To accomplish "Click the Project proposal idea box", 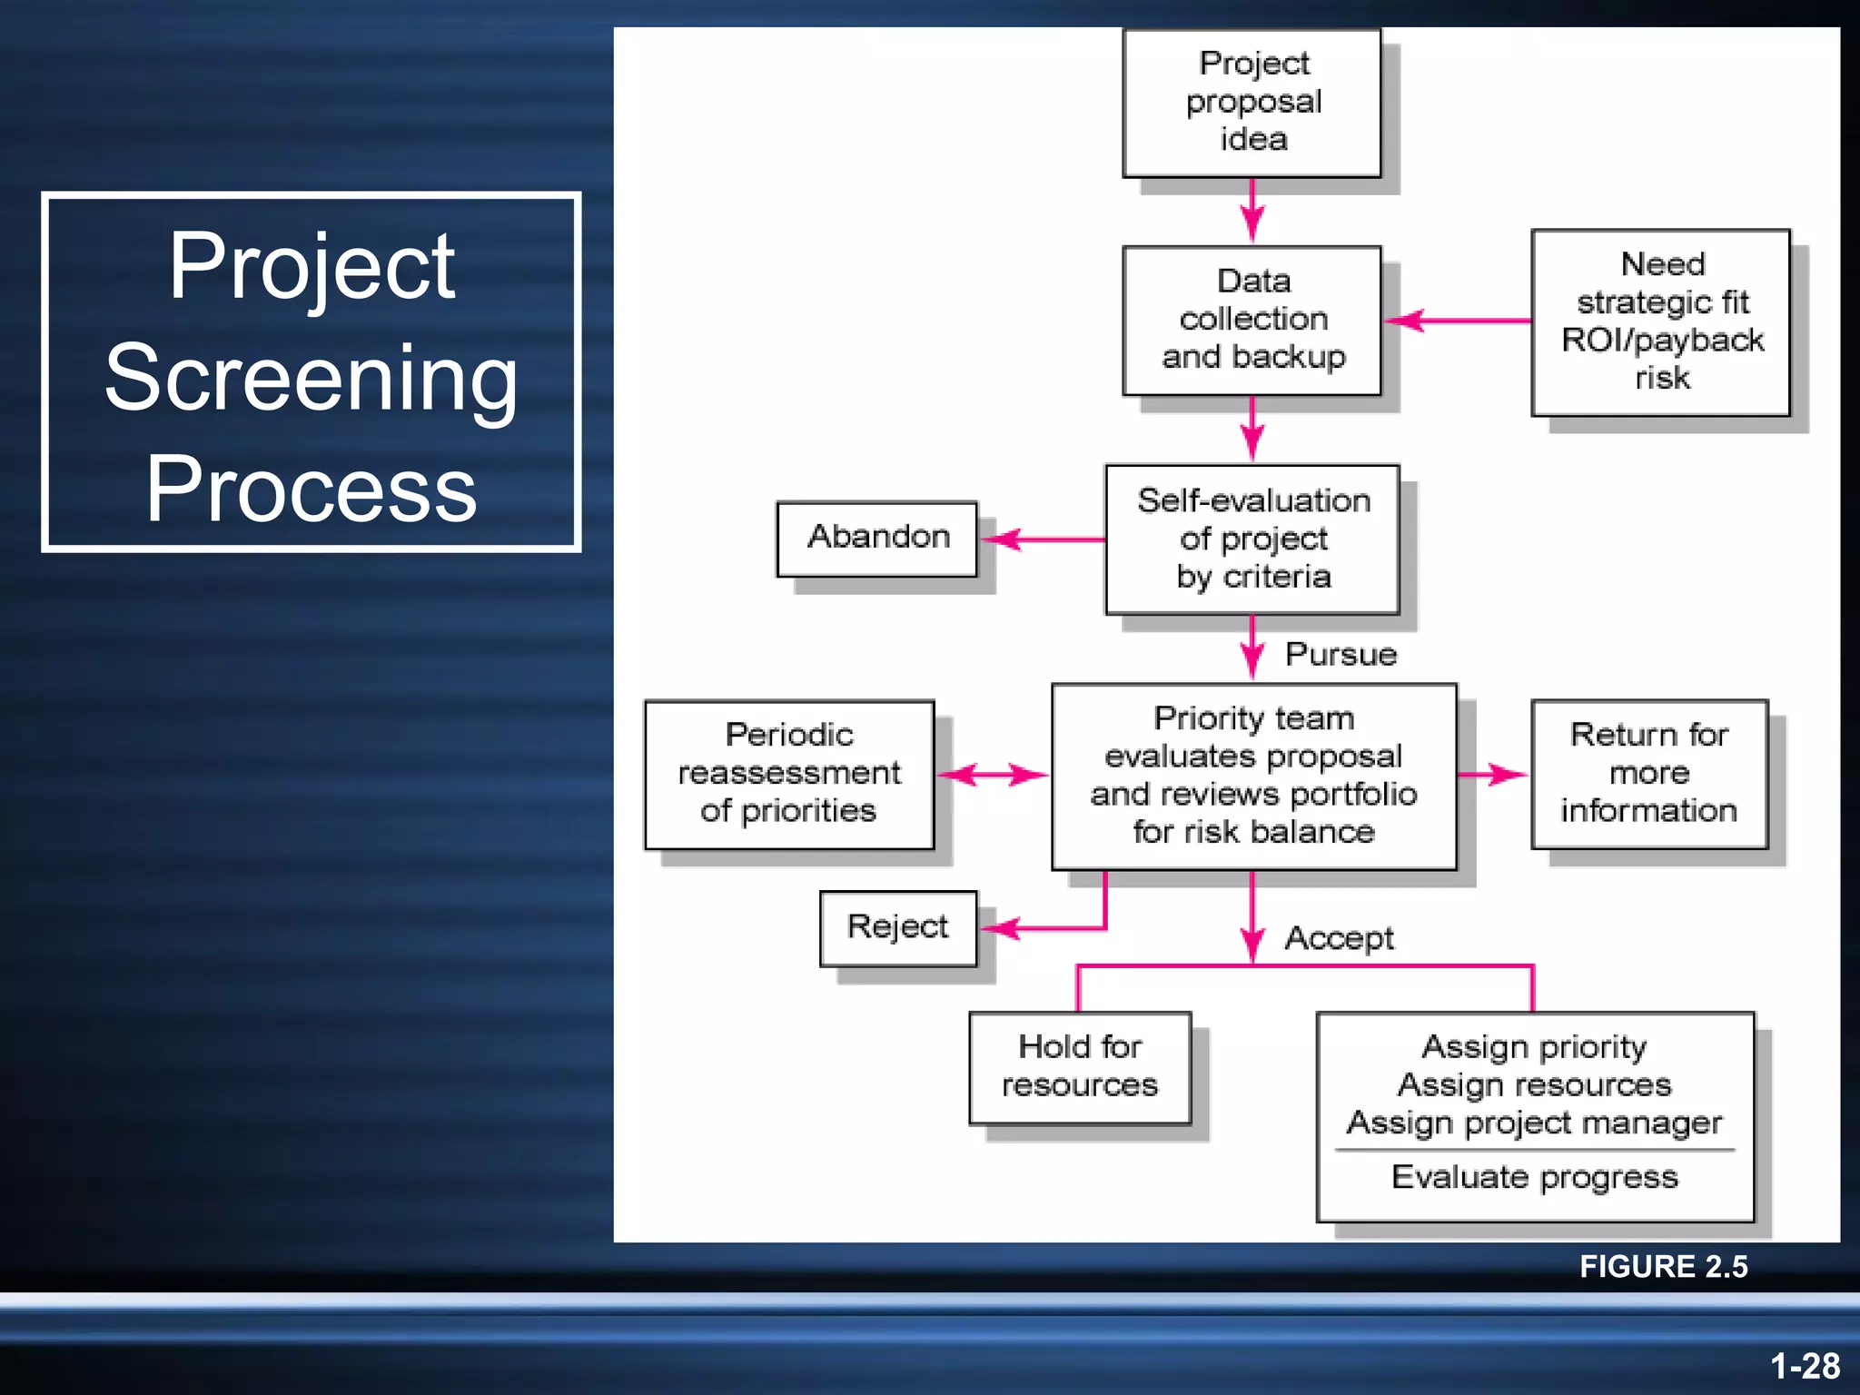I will tap(1252, 102).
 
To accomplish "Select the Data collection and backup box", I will tap(1252, 320).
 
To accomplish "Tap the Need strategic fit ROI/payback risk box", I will tap(1660, 322).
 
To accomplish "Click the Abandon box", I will tap(877, 538).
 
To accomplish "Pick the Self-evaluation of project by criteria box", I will tap(1252, 539).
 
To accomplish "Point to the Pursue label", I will tap(1341, 654).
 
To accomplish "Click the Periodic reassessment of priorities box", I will tap(788, 774).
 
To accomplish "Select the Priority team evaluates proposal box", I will tap(1253, 776).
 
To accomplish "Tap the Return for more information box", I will tap(1648, 774).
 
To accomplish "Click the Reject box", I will tap(897, 927).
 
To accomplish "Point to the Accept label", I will tap(1339, 938).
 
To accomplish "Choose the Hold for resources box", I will tap(1079, 1067).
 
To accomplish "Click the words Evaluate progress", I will tap(1534, 1178).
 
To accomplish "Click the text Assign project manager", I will tap(1534, 1123).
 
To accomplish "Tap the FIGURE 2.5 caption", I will tap(1663, 1267).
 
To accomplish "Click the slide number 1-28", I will tap(1805, 1366).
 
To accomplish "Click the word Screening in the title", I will tap(311, 377).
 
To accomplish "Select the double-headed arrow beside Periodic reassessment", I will tap(993, 775).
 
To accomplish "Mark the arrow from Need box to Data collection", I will tap(1458, 321).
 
